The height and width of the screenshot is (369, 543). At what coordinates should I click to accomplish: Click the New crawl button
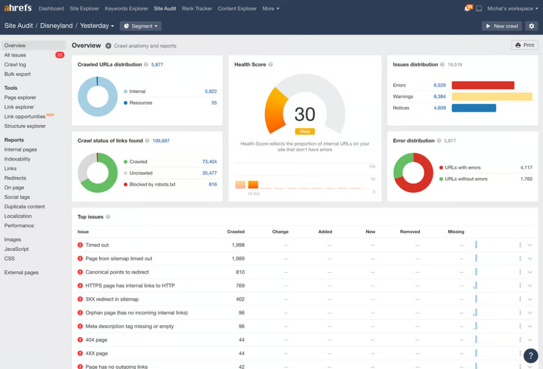click(502, 26)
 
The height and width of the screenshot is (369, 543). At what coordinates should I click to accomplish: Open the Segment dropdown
click(140, 26)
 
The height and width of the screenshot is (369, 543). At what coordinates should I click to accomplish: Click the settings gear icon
click(531, 26)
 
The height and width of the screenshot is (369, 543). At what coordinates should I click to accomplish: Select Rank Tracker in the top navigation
click(197, 8)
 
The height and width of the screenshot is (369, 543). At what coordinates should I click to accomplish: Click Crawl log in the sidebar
click(15, 65)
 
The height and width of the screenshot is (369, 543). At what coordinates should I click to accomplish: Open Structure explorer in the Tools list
click(25, 126)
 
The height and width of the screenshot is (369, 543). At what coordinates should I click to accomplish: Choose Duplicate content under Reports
click(24, 207)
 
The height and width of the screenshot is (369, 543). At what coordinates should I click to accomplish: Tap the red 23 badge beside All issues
click(59, 55)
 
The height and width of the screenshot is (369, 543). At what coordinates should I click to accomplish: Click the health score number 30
click(305, 114)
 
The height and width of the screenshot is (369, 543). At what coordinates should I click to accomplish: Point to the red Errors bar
click(483, 85)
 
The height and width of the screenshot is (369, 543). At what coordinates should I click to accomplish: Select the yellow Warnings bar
click(492, 97)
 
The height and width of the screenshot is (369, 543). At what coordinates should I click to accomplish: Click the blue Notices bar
click(474, 108)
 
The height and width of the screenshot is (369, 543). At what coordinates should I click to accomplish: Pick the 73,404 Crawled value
click(209, 162)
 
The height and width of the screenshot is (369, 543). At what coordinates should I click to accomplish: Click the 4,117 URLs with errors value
click(526, 168)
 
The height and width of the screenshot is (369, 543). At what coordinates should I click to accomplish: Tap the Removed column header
click(410, 232)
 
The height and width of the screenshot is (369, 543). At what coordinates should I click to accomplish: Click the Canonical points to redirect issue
click(117, 272)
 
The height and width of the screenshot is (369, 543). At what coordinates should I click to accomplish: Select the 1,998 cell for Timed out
click(238, 245)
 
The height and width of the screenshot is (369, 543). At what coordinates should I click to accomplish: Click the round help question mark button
click(531, 356)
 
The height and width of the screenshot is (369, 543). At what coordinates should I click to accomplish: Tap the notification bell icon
click(467, 8)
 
